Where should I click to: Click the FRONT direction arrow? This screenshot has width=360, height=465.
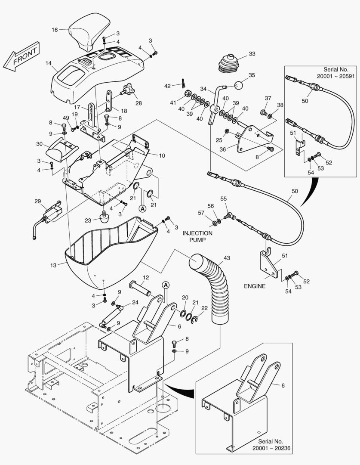coord(21,57)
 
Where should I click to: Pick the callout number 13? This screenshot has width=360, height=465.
coord(53,265)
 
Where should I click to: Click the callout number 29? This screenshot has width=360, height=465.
coord(38,201)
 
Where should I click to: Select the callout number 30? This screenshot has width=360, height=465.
coord(40,144)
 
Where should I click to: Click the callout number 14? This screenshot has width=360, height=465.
coord(49,63)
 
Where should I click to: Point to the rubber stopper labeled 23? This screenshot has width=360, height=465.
coord(104,217)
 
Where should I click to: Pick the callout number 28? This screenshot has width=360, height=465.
coord(138,103)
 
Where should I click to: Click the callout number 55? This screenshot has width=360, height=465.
coord(224,198)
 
